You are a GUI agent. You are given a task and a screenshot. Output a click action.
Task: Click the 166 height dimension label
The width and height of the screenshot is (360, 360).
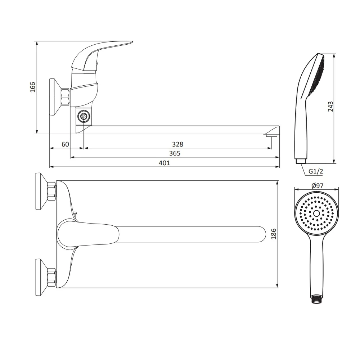[33, 87]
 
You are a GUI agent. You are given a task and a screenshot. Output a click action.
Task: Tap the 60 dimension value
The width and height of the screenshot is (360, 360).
[65, 144]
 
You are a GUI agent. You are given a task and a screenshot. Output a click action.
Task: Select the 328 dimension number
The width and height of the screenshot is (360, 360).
[178, 144]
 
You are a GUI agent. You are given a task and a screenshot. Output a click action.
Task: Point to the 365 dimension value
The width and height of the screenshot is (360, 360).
[175, 153]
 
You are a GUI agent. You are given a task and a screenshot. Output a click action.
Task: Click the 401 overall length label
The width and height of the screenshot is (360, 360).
[165, 163]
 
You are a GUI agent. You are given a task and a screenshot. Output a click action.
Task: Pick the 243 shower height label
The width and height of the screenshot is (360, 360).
[330, 107]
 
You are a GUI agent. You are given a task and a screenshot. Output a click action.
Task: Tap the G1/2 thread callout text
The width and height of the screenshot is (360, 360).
[316, 171]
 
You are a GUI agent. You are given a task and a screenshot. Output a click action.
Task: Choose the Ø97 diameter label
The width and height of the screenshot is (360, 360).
[318, 185]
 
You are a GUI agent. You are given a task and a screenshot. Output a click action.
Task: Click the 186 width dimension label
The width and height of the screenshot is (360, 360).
[274, 234]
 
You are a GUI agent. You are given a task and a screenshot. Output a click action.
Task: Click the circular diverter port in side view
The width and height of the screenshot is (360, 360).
[84, 117]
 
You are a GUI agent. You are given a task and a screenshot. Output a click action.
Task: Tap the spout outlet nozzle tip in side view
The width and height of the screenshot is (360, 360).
[271, 135]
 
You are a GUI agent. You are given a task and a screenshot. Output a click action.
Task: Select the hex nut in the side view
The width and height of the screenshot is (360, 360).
[65, 97]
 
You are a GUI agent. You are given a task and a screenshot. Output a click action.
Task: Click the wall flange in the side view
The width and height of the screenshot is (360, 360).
[55, 97]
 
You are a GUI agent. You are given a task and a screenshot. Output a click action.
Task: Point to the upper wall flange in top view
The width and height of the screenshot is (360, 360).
[41, 191]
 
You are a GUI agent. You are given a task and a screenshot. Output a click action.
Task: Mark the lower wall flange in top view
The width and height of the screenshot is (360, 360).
[41, 277]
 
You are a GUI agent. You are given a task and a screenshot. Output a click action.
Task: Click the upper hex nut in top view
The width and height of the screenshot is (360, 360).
[51, 191]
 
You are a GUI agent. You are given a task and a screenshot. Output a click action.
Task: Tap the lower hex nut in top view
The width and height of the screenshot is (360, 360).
[51, 277]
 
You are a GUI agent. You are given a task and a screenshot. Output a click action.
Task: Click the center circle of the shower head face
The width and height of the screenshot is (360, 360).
[316, 213]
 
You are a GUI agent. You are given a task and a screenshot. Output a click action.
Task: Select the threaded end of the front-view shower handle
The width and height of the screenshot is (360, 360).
[316, 300]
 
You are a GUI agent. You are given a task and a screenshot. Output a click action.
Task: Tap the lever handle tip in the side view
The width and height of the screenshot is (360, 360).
[132, 42]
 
